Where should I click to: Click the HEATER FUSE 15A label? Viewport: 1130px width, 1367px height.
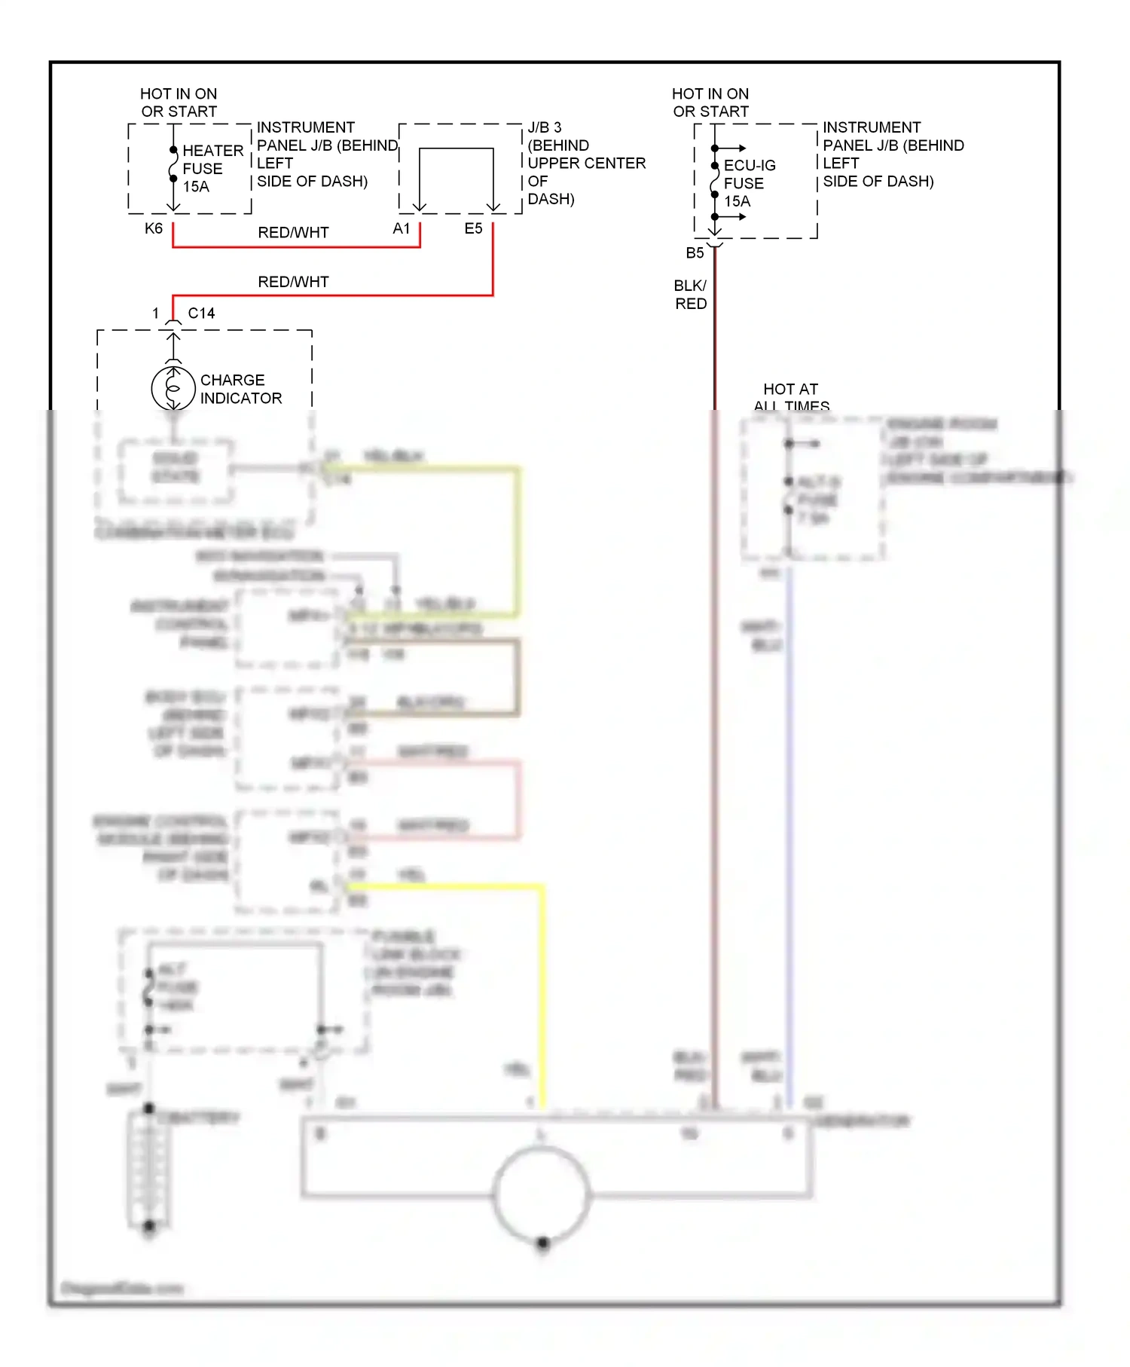coord(212,169)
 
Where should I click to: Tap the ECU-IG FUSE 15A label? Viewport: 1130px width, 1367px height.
coord(748,183)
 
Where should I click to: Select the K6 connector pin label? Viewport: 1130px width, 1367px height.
coord(154,228)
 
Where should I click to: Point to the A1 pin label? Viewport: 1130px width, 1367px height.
coord(402,228)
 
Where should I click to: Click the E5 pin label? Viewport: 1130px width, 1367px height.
coord(473,228)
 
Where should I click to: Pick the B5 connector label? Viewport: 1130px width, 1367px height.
coord(695,253)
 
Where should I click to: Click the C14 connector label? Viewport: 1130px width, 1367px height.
coord(201,313)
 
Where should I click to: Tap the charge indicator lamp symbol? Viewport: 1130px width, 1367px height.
coord(173,389)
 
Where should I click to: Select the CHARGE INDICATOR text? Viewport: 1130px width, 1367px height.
coord(240,389)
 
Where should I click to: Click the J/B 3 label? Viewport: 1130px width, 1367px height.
coord(545,127)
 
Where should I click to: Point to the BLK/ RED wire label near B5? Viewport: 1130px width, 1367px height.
coord(690,295)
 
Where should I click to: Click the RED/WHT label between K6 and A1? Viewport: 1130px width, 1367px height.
coord(293,233)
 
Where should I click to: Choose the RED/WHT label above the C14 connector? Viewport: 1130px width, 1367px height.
coord(293,282)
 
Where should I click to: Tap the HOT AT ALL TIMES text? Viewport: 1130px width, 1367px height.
coord(791,397)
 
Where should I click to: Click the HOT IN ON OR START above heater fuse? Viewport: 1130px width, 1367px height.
coord(179,102)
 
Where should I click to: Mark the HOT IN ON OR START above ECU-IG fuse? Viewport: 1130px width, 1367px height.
coord(710,102)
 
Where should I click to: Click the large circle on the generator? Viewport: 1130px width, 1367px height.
coord(541,1193)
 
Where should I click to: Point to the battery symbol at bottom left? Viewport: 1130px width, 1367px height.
coord(149,1168)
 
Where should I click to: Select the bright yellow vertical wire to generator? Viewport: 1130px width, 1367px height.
coord(541,995)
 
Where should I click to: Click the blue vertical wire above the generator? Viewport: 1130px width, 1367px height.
coord(789,829)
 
